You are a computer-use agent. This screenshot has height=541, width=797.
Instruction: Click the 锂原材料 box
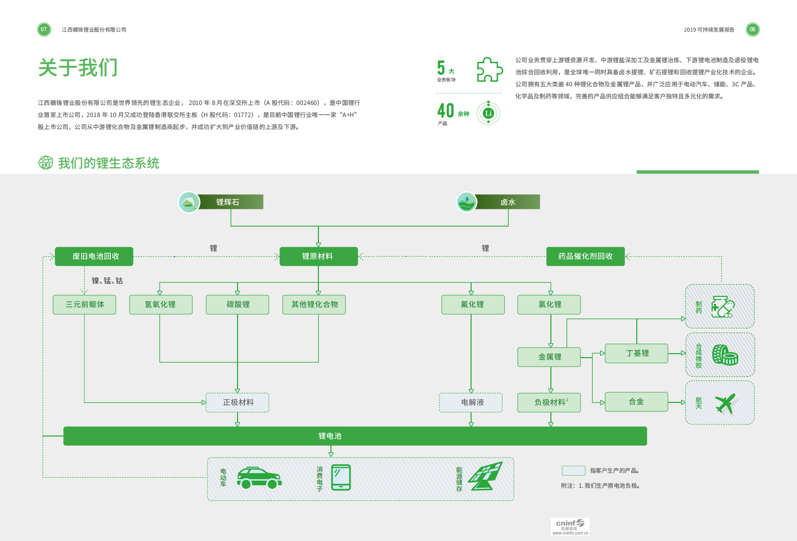pyautogui.click(x=318, y=256)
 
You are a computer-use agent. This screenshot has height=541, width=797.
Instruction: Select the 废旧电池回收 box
pyautogui.click(x=94, y=256)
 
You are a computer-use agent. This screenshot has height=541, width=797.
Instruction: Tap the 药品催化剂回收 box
pyautogui.click(x=585, y=256)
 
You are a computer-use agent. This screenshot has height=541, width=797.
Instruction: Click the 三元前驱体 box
pyautogui.click(x=84, y=304)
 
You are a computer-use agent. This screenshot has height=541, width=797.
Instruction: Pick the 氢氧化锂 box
pyautogui.click(x=161, y=304)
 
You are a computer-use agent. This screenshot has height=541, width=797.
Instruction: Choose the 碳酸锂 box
pyautogui.click(x=238, y=304)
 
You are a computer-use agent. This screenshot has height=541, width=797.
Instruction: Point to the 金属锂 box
pyautogui.click(x=549, y=357)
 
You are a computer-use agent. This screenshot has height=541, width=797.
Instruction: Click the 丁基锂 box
pyautogui.click(x=636, y=353)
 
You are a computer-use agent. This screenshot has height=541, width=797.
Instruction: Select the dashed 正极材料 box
pyautogui.click(x=238, y=402)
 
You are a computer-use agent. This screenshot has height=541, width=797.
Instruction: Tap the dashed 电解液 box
pyautogui.click(x=471, y=402)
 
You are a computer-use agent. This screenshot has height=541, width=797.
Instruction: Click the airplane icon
pyautogui.click(x=725, y=403)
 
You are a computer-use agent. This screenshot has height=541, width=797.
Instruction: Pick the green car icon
pyautogui.click(x=259, y=478)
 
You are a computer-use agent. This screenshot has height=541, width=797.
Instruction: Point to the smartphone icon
pyautogui.click(x=341, y=477)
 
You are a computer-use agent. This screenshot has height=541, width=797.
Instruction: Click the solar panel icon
pyautogui.click(x=486, y=476)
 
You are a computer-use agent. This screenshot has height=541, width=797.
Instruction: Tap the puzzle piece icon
pyautogui.click(x=489, y=69)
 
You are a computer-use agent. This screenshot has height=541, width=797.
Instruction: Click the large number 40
pyautogui.click(x=445, y=111)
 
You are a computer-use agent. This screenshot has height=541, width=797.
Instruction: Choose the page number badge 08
pyautogui.click(x=752, y=30)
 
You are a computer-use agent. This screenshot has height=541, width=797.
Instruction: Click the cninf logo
pyautogui.click(x=570, y=526)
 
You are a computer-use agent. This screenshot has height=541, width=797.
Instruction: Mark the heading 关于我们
pyautogui.click(x=78, y=67)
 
